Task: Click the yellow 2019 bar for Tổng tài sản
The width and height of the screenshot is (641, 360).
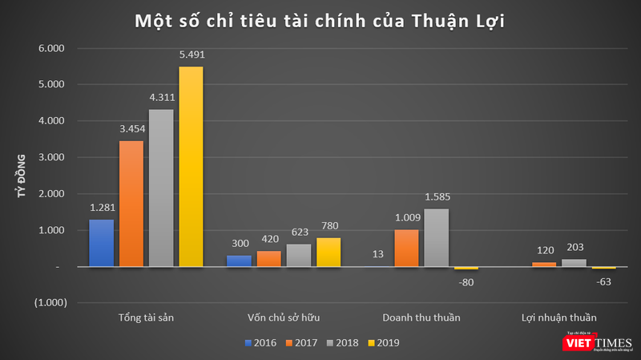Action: [191, 166]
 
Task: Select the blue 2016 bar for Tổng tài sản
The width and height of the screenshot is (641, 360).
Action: [101, 243]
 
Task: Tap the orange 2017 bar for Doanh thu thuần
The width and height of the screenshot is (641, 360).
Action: [406, 249]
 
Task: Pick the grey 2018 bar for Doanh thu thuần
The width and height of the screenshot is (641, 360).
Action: [436, 237]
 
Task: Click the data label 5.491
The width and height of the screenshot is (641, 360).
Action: [191, 55]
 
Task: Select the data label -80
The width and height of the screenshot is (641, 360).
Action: [466, 281]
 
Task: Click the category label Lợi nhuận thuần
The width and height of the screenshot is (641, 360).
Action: [558, 318]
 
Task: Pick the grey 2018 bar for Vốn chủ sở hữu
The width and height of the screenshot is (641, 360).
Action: [298, 255]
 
